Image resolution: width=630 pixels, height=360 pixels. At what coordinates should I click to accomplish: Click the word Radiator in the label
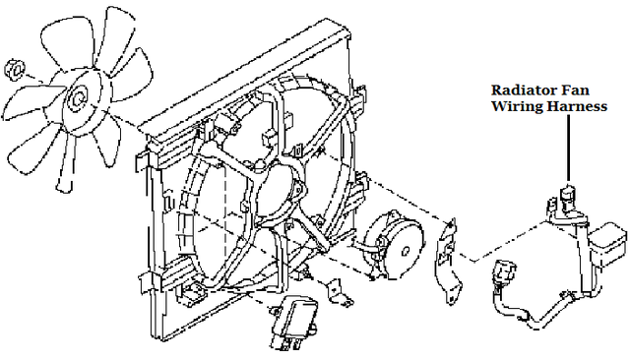click(x=520, y=90)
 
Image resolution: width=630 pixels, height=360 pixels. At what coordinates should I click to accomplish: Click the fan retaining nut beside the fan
click(x=16, y=69)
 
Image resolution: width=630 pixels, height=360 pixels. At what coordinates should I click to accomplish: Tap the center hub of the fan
click(x=79, y=99)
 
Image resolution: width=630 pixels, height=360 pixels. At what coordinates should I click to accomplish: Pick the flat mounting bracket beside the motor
click(x=449, y=261)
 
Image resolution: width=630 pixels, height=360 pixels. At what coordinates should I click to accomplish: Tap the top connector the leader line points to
click(x=567, y=196)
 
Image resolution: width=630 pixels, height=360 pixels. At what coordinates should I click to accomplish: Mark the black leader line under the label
click(x=568, y=148)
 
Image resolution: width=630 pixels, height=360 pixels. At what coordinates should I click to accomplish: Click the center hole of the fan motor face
click(x=407, y=251)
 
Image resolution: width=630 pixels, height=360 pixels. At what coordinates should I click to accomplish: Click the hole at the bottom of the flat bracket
click(x=451, y=298)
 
